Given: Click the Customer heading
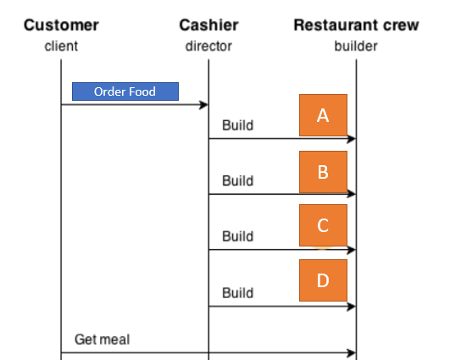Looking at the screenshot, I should (60, 25).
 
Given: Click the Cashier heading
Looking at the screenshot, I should (208, 25).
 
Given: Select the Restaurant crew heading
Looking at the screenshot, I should (356, 25).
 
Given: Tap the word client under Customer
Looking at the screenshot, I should (60, 45).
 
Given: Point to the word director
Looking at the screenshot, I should (208, 45).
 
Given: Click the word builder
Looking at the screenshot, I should (356, 45).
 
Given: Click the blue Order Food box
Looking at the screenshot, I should (125, 91).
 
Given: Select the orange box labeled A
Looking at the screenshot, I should (323, 115).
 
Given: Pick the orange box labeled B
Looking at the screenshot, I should (323, 172).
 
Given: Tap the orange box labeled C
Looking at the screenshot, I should (323, 225).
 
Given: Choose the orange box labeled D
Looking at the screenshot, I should (323, 280).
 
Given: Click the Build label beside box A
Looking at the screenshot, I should (237, 125).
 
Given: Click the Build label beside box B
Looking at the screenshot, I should (237, 180).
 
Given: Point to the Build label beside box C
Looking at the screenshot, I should (237, 236).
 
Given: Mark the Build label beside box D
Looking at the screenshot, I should (237, 292).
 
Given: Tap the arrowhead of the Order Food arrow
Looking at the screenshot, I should (204, 105).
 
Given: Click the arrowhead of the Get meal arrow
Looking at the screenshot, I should (352, 352).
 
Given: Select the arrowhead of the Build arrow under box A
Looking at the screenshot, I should (352, 139).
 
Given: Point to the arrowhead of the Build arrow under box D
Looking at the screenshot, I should (352, 307).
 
